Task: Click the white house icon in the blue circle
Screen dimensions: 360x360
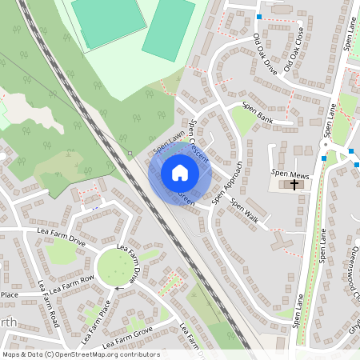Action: click(180, 173)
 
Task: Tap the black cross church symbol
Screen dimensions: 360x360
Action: click(294, 185)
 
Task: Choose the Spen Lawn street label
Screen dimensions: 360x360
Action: click(169, 142)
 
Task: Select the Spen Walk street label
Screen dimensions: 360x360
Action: click(245, 210)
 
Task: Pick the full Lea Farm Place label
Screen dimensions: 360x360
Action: click(95, 317)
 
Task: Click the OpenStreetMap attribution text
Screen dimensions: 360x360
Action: click(81, 354)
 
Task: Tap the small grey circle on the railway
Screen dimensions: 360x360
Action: click(130, 152)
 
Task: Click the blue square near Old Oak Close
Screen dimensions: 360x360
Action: click(259, 17)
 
